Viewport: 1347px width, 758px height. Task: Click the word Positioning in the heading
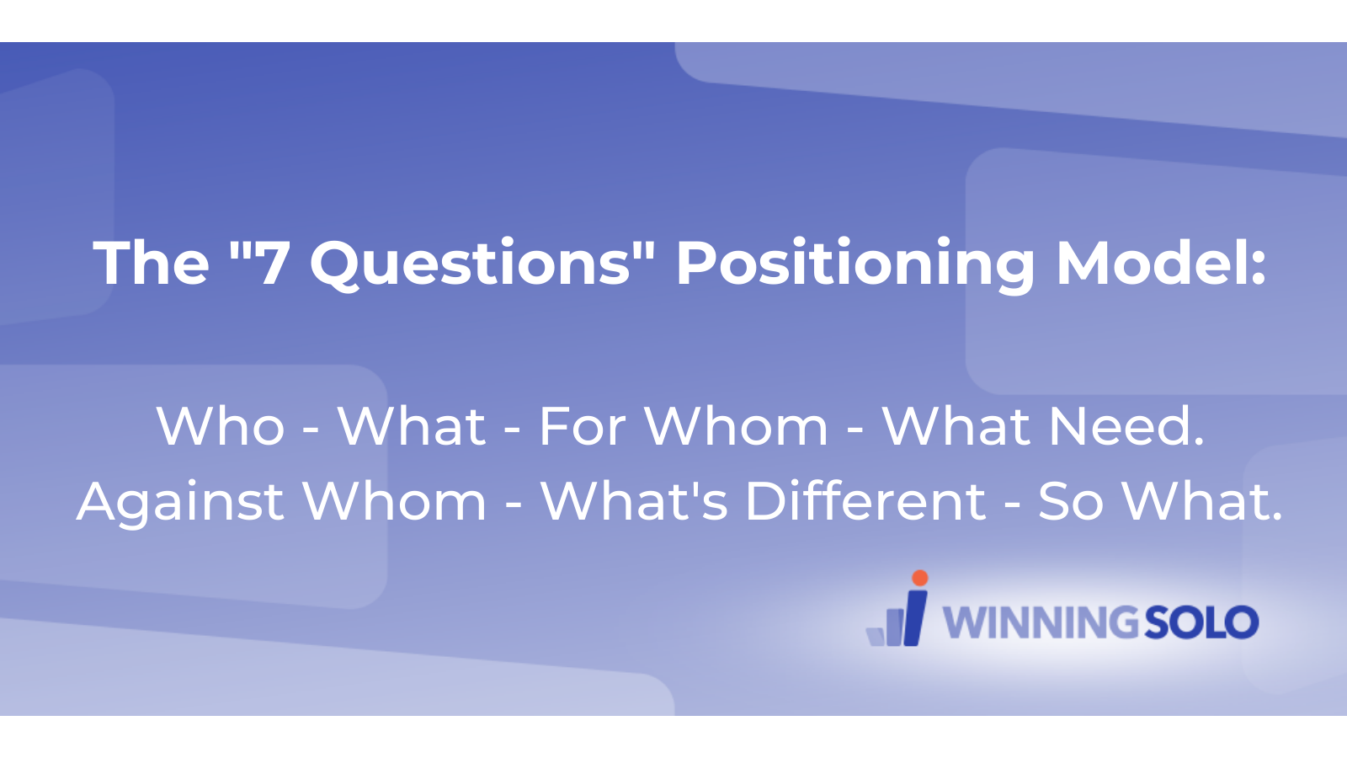(855, 264)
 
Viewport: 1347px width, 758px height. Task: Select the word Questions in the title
(470, 264)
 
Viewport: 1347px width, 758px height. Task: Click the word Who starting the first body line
(221, 426)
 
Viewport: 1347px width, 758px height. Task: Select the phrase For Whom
(683, 426)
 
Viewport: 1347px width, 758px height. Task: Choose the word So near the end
(1070, 502)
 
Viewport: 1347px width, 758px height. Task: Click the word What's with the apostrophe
(634, 502)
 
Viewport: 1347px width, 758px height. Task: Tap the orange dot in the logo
(920, 578)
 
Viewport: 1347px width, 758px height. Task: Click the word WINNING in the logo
(1041, 623)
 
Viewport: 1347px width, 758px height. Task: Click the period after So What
(1277, 515)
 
